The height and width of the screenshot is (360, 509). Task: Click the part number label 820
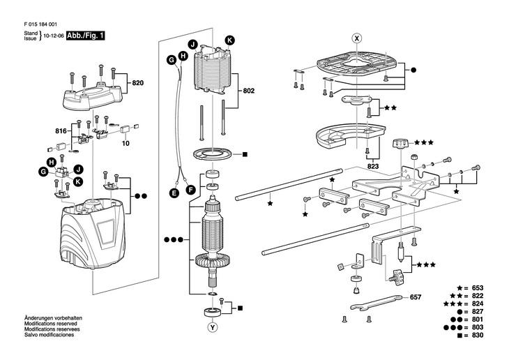[x=137, y=83]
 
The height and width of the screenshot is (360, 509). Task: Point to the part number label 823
[x=372, y=167]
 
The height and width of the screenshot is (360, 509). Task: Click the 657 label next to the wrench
[x=416, y=297]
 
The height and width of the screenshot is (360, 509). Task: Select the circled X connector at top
[x=356, y=38]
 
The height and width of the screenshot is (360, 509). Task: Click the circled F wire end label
[x=189, y=188]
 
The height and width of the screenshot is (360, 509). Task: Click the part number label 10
[x=126, y=142]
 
